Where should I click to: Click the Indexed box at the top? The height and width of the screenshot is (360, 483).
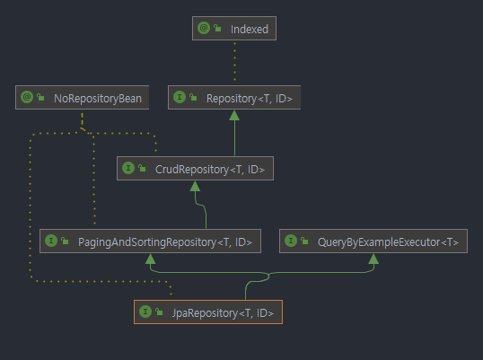coord(235,29)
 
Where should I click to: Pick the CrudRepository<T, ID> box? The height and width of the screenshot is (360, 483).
coord(194,168)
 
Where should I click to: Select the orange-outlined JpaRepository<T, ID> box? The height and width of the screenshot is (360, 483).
coord(208,312)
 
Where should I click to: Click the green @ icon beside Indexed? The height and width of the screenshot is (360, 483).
coord(204,29)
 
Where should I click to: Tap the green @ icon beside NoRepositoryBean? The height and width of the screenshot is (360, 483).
coord(27,97)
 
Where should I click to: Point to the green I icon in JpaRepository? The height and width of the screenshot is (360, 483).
coord(145,312)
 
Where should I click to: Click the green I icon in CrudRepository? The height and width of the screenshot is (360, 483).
coord(129,168)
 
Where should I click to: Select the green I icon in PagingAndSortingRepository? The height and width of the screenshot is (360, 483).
coord(51,241)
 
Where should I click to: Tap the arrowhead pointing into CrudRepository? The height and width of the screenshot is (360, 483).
coord(194,185)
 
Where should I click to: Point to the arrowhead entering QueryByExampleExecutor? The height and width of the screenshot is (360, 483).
coord(373,259)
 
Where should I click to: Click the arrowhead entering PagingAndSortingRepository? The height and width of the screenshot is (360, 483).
coord(150,259)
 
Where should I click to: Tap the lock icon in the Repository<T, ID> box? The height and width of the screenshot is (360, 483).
coord(193,97)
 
